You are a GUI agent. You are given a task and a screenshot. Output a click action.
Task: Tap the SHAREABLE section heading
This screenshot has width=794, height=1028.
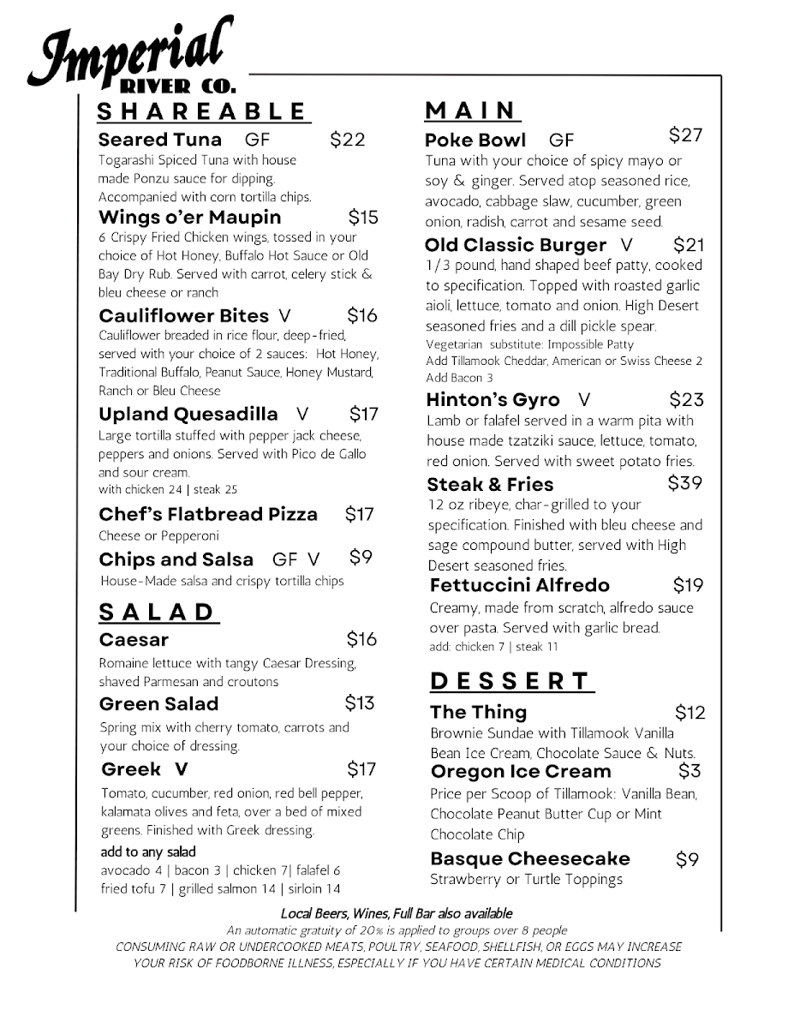pos(202,112)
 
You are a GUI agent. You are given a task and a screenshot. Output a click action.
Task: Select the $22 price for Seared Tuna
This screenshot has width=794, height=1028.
pos(347,140)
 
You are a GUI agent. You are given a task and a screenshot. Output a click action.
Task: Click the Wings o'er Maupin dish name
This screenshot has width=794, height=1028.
pos(189,217)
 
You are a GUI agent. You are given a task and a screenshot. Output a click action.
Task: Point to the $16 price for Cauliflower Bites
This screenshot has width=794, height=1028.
pos(361,315)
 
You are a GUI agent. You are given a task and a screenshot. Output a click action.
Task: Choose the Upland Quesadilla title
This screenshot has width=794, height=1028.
pos(188,415)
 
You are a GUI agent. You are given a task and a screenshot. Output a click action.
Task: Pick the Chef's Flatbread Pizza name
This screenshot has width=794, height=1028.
pos(208,515)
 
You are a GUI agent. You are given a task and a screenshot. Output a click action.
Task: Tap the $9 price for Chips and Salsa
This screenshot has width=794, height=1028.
pos(361,558)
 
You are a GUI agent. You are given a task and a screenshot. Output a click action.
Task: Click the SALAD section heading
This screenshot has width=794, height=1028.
pos(158,612)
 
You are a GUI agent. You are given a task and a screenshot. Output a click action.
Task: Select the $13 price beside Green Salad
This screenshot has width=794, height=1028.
pos(361,703)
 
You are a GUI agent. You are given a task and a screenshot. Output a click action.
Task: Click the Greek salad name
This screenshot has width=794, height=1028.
pos(131,768)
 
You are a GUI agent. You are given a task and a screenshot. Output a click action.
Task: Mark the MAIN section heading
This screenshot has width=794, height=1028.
pos(472,111)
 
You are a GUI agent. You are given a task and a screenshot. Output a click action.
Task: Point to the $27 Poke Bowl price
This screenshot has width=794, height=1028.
pos(685,134)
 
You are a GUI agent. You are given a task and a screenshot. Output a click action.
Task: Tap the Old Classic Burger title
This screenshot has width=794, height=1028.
pos(516,245)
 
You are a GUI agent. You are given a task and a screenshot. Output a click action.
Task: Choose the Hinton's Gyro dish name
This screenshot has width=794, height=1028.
pos(493,399)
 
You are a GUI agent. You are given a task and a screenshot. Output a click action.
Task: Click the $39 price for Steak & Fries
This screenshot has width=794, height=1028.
pos(684,483)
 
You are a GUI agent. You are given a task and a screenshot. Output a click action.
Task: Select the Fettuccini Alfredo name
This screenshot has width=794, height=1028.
pos(520,585)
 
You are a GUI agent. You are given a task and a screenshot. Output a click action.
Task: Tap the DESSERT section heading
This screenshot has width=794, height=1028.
pos(510,681)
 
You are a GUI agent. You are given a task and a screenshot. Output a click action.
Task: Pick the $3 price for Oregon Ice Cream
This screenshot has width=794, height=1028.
pos(690,771)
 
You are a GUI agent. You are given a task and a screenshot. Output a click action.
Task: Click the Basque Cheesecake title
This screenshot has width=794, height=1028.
pos(530,858)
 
